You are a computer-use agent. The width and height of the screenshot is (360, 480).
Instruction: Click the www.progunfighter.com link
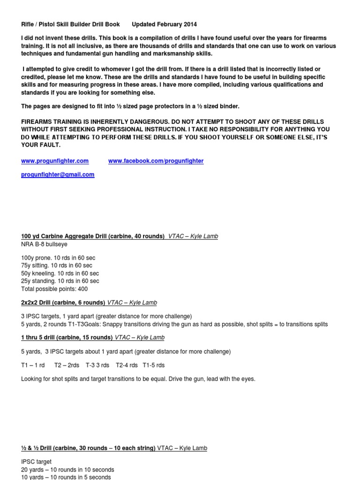pyautogui.click(x=55, y=161)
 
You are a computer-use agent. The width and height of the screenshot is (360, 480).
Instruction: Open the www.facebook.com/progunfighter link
pyautogui.click(x=156, y=161)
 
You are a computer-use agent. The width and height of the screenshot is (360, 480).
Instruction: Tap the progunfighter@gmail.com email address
pyautogui.click(x=58, y=174)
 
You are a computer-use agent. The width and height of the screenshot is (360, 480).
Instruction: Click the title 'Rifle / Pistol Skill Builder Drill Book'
pyautogui.click(x=70, y=24)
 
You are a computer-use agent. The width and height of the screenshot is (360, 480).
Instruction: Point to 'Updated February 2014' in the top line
pyautogui.click(x=164, y=24)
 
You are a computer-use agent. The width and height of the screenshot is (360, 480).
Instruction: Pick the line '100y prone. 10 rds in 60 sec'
pyautogui.click(x=58, y=258)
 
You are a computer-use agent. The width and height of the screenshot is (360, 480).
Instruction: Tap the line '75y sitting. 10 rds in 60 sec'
pyautogui.click(x=57, y=265)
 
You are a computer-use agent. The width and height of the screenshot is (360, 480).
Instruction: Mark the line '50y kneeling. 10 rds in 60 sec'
pyautogui.click(x=60, y=273)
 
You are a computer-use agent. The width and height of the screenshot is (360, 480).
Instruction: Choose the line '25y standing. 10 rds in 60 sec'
pyautogui.click(x=60, y=281)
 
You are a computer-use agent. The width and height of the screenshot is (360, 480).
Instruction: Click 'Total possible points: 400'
pyautogui.click(x=54, y=289)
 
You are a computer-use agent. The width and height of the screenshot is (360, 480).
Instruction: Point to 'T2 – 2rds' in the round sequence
pyautogui.click(x=67, y=365)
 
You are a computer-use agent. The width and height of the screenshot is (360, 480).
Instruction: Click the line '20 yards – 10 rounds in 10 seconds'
pyautogui.click(x=67, y=469)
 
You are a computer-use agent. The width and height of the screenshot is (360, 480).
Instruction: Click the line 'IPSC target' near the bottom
pyautogui.click(x=37, y=462)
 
